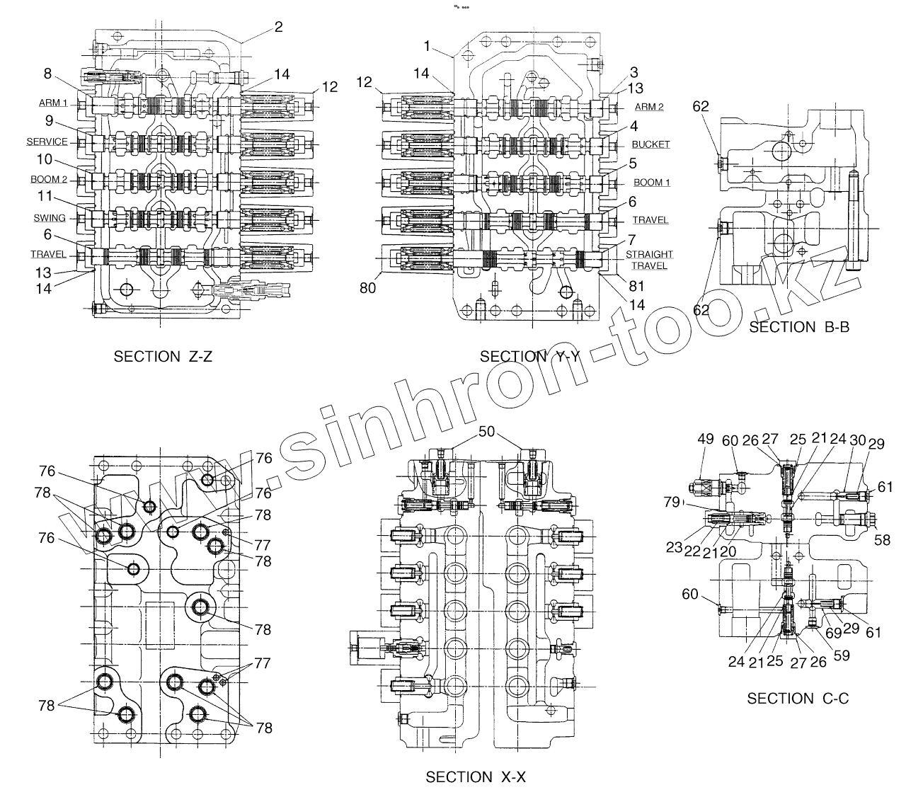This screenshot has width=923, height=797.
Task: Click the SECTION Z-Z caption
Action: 163,357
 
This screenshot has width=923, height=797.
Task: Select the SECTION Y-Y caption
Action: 529,357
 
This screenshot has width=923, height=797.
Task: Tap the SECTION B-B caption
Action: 799,327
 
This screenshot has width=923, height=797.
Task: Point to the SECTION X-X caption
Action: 476,777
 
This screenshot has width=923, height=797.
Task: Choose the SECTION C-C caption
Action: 798,699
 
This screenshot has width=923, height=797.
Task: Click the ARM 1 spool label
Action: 53,103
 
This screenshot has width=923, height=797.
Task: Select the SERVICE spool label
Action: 47,142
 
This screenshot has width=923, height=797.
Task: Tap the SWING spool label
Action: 50,218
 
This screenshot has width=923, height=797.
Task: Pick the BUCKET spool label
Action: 650,144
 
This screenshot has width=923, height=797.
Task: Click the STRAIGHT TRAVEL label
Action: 649,260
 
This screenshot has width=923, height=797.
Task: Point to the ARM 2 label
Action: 649,107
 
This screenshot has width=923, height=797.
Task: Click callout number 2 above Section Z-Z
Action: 278,27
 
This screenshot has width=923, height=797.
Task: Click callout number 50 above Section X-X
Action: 487,432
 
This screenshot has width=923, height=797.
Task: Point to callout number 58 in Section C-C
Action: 882,540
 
